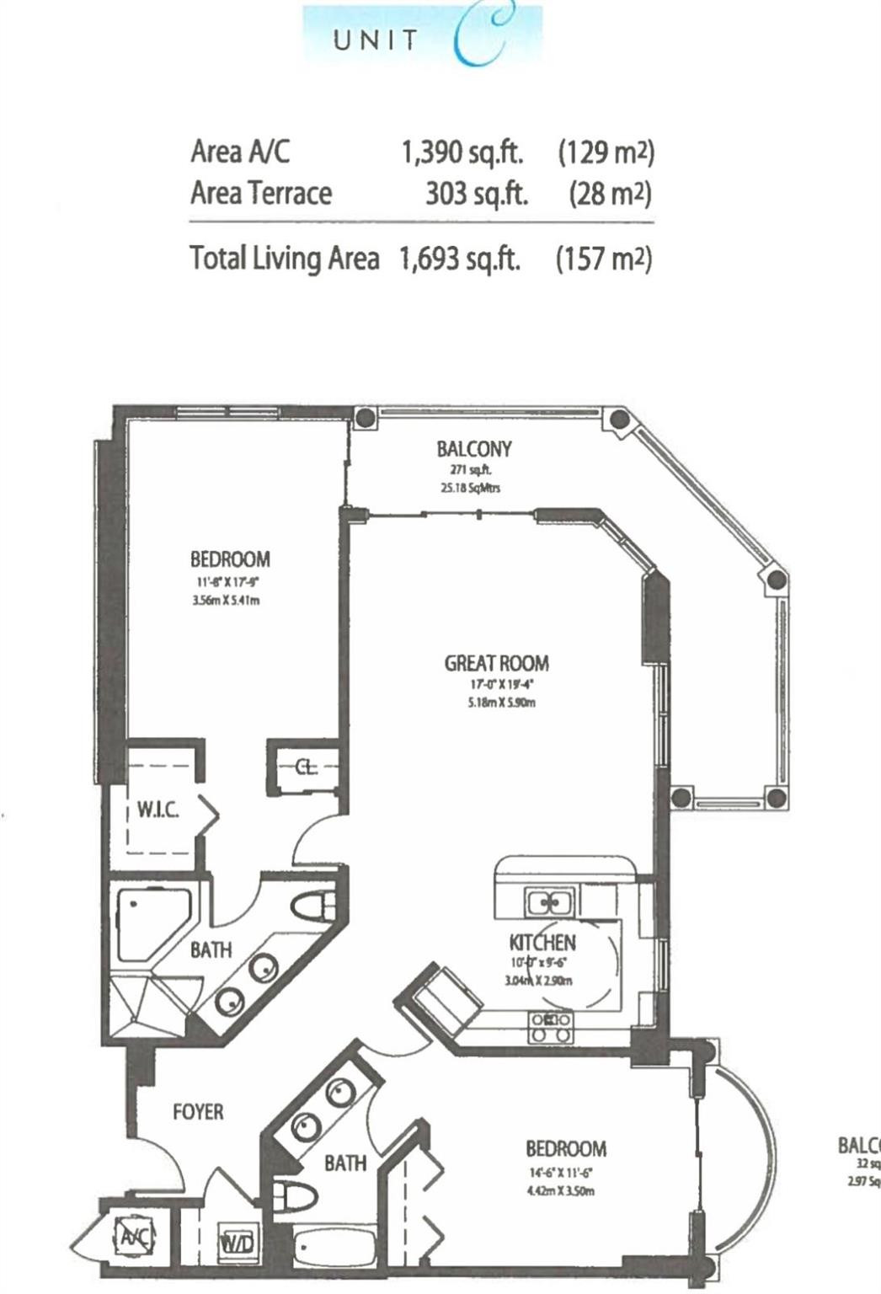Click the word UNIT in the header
coord(376,40)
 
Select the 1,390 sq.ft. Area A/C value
coord(462,152)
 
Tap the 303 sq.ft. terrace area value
coord(476,194)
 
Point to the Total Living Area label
coord(284,258)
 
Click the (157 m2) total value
coord(604,258)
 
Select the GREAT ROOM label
coord(496,663)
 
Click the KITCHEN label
coord(542,942)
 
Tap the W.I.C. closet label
coord(158,810)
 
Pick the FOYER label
coord(198,1112)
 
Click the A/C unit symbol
coord(131,1237)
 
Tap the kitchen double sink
coord(549,902)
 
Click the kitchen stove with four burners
coord(550,1027)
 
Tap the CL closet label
coord(306,767)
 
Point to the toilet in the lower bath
coord(297,1195)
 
